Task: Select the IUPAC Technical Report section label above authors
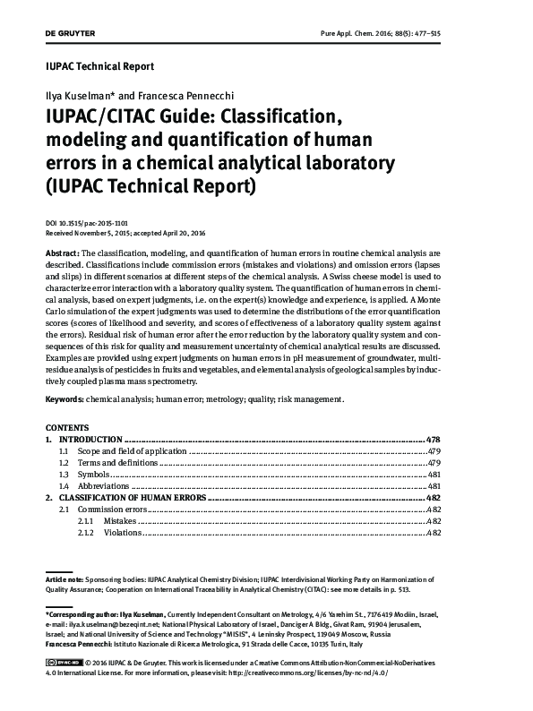[x=99, y=66]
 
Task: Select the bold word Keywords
[x=66, y=399]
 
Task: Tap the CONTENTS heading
[x=66, y=429]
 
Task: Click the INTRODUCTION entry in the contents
[x=90, y=441]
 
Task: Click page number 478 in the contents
[x=433, y=441]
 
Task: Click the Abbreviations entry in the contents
[x=105, y=485]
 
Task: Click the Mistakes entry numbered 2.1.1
[x=119, y=520]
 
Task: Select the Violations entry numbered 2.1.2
[x=122, y=532]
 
